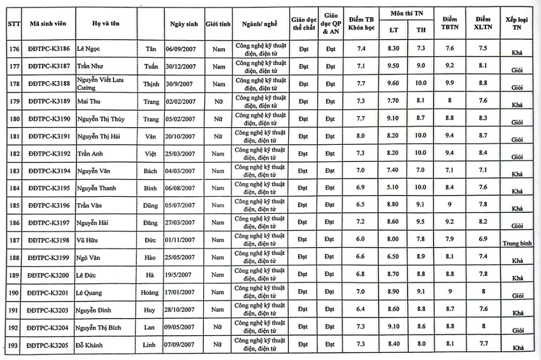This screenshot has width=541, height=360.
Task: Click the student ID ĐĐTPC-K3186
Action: (x=49, y=48)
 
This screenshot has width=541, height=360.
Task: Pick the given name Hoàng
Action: (x=149, y=293)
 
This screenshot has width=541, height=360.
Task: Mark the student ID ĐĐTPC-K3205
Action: (x=49, y=345)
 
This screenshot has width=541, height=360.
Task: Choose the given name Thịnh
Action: (x=151, y=84)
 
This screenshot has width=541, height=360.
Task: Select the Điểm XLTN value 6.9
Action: (x=483, y=240)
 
